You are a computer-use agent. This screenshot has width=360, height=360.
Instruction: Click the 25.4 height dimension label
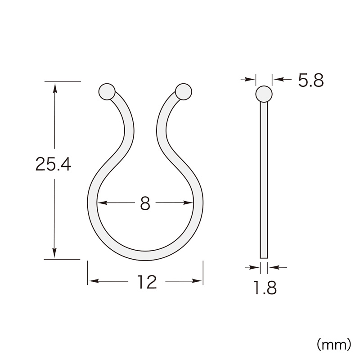(x=53, y=164)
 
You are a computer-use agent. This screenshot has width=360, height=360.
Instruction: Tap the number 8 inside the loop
(x=145, y=203)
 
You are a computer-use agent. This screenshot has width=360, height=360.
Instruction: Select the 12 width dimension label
(x=147, y=282)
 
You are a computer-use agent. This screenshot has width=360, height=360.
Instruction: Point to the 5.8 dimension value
(x=311, y=81)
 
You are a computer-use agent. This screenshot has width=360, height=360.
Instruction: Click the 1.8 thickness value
(x=265, y=288)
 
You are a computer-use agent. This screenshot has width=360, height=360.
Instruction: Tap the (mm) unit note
(x=334, y=344)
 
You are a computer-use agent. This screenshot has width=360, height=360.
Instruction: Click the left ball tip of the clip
(x=107, y=91)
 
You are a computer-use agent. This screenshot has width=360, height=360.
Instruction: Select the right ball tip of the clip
(x=183, y=91)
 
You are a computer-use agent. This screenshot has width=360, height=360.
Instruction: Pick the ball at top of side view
(x=264, y=94)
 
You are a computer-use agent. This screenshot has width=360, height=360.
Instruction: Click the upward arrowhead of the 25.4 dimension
(x=54, y=88)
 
